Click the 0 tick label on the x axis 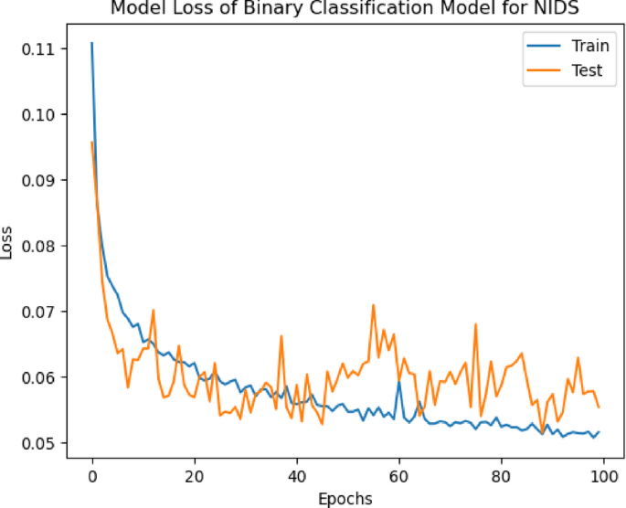coord(92,476)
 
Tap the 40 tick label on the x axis coord(296,476)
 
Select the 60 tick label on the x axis coord(398,476)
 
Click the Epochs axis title coord(346,499)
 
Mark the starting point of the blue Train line coord(92,43)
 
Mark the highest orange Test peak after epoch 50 coord(373,305)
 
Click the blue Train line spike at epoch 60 coord(398,382)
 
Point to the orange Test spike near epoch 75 coord(475,324)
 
